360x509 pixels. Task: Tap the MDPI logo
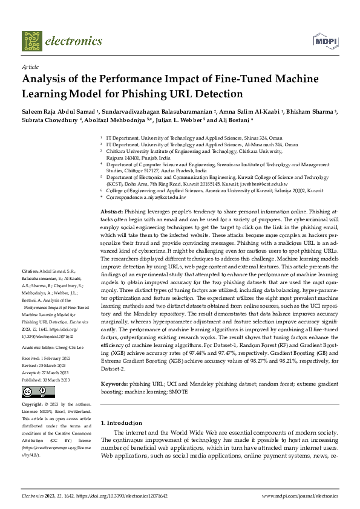tap(324, 41)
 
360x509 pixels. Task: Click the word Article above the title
tap(30, 66)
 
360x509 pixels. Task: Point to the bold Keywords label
tap(115, 384)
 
